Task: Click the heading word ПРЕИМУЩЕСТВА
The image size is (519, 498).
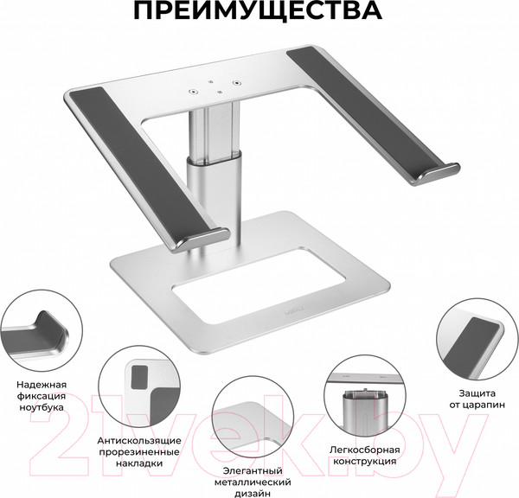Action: (259, 13)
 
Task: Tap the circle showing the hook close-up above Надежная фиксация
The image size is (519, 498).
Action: (35, 334)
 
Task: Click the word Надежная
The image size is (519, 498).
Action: (35, 383)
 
